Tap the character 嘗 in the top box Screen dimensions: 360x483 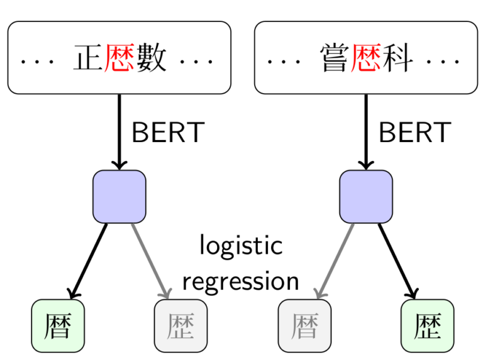[x=335, y=58]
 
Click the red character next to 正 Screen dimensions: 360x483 [x=119, y=58]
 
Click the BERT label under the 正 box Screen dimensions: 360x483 [x=168, y=133]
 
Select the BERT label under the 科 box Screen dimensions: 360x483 [x=414, y=133]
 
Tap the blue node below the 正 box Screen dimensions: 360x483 [x=119, y=197]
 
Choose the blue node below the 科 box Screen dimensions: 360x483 [x=366, y=197]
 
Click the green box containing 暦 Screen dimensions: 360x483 [x=58, y=325]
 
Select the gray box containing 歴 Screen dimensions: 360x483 [x=181, y=325]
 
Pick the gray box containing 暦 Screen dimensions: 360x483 [x=304, y=325]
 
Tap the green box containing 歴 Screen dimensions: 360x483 [x=428, y=325]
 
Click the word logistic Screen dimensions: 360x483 [x=241, y=245]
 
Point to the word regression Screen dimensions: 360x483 [x=241, y=281]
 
